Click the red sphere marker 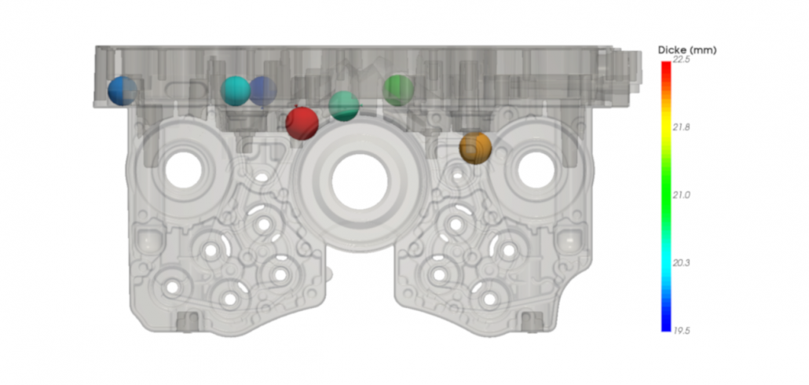[x=302, y=123]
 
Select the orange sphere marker [x=475, y=148]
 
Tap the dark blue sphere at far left [x=123, y=91]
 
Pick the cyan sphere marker [x=236, y=91]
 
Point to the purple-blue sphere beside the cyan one [x=264, y=91]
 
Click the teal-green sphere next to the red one [x=343, y=106]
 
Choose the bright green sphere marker [x=398, y=90]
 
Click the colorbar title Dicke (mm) [x=687, y=50]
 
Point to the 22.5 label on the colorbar [x=681, y=60]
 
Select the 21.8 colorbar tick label [x=681, y=127]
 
